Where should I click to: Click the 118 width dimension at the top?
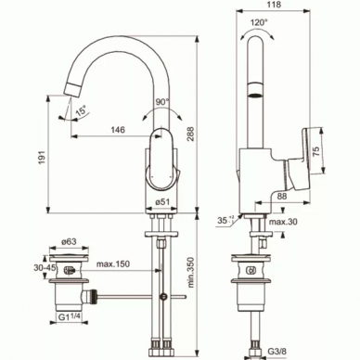point(274,5)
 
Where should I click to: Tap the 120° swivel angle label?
point(259,22)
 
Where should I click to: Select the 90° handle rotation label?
point(162,101)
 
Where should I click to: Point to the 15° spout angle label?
point(81,110)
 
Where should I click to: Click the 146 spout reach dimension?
point(118,129)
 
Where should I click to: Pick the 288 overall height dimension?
point(191,134)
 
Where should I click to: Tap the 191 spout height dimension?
point(43,158)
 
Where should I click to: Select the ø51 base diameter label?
point(162,202)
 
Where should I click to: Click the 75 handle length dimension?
point(316,152)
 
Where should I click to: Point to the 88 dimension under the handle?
point(281,196)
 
